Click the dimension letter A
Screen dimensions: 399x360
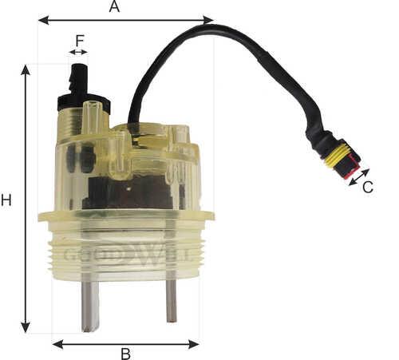114,6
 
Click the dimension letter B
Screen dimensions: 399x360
126,354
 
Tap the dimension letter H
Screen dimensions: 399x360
6,200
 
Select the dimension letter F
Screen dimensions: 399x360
80,41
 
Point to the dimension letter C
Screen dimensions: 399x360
368,187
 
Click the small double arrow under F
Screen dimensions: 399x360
78,52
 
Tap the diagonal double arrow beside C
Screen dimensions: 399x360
359,177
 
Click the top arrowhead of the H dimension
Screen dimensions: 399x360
26,70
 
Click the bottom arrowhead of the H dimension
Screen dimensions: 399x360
26,326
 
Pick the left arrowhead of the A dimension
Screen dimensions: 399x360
44,20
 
